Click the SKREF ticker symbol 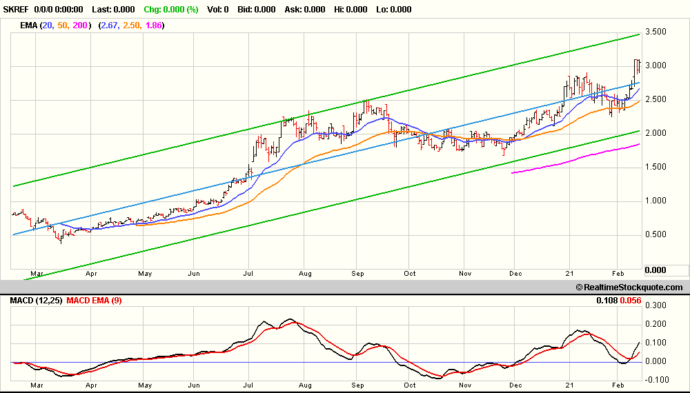pos(16,10)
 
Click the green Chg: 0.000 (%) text pos(171,10)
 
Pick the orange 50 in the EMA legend pos(63,26)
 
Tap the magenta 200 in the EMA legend pos(80,26)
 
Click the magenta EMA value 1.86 pos(154,26)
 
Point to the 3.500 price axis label pos(655,32)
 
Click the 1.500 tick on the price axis pos(655,167)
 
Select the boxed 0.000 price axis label pos(655,270)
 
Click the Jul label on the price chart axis pos(248,274)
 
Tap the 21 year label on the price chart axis pos(569,274)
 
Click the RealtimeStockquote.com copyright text pos(629,288)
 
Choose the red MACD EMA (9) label pos(94,301)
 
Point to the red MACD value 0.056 pos(630,301)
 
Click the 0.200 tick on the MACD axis pos(655,324)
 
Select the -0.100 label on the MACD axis pos(654,380)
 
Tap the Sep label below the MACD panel pos(357,385)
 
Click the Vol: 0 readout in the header pos(218,10)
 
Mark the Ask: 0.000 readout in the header pos(305,10)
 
